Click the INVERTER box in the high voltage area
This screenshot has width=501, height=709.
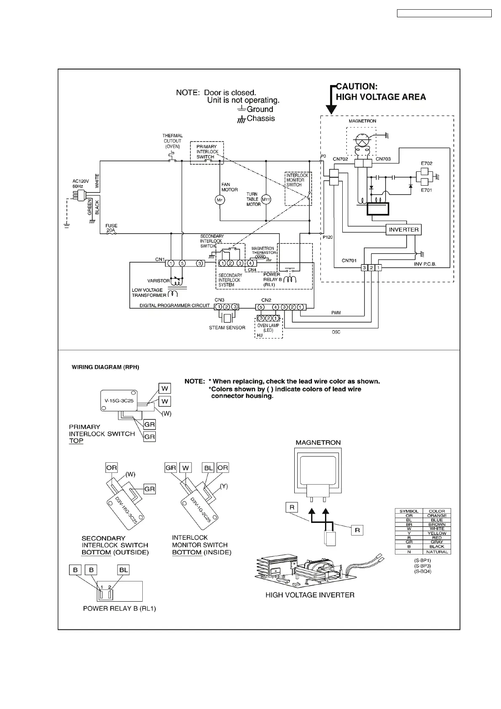click(403, 230)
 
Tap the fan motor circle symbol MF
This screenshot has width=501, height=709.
click(219, 200)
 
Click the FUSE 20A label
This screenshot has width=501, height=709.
click(111, 228)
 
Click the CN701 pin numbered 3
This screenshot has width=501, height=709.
click(365, 268)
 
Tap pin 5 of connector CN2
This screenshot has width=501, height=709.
click(261, 307)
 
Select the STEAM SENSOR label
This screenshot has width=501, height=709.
click(227, 328)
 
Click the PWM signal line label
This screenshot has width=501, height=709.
click(336, 313)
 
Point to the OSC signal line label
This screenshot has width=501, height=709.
click(336, 332)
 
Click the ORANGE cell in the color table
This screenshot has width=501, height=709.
click(437, 516)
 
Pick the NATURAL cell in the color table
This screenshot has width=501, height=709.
click(437, 552)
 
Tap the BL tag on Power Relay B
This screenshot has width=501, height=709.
click(123, 570)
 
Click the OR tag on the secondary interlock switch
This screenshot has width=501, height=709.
click(112, 468)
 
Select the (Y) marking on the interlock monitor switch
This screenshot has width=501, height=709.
click(224, 486)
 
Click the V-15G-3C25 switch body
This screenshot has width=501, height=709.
click(119, 400)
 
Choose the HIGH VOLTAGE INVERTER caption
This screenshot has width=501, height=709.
click(310, 595)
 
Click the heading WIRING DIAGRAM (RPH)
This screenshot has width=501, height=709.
click(105, 367)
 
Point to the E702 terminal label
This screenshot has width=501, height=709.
click(426, 163)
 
